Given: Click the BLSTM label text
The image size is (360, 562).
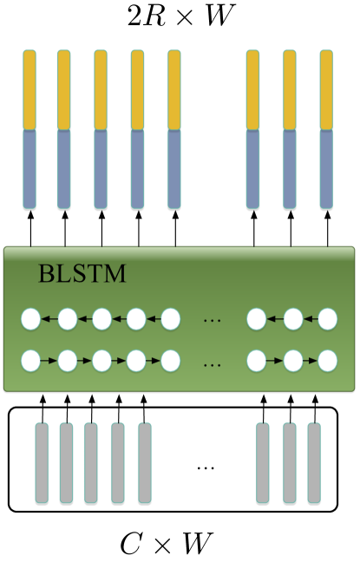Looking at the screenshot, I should point(82,276).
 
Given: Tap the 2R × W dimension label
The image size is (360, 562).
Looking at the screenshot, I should point(180,16).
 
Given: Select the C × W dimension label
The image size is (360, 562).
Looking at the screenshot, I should point(177,543).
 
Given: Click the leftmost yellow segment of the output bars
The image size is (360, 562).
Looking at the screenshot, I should point(29,89).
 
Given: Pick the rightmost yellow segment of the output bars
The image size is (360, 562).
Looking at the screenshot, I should point(326,89).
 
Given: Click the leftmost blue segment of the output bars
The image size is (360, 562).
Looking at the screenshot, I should point(29,168).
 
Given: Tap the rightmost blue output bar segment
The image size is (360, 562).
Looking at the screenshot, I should point(326,168).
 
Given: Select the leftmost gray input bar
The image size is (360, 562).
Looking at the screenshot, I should point(42,462).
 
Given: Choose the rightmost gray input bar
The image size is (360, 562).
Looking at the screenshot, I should point(314,462).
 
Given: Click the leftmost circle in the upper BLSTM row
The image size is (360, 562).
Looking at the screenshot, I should point(31,319).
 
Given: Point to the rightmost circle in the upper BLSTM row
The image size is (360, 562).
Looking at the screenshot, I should point(327,319).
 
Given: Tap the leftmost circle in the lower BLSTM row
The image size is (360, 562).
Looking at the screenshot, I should point(31,358).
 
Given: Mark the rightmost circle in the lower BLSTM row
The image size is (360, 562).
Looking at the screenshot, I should point(327,358).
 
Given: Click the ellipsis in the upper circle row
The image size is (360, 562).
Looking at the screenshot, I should point(212,321).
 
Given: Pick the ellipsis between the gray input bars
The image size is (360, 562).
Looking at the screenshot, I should point(205,467).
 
